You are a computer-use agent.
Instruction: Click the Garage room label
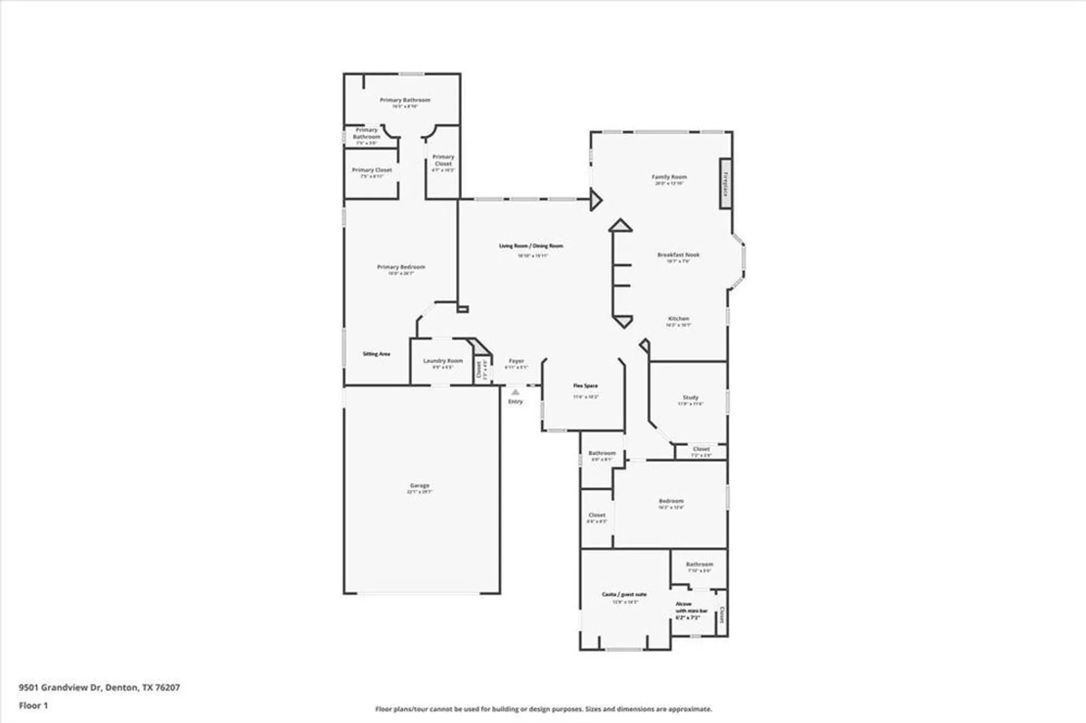[419, 486]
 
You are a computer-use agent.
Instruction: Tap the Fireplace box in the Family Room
[725, 183]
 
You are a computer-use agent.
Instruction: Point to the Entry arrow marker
[515, 392]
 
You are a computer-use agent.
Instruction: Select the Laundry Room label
[443, 361]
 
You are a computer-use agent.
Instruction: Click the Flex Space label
[585, 386]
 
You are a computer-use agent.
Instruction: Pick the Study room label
[690, 398]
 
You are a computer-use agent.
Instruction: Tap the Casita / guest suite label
[624, 594]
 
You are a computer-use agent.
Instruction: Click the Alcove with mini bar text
[691, 611]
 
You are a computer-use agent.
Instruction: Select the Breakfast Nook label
[678, 255]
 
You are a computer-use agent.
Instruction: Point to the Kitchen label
[678, 319]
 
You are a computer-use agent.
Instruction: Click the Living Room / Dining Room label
[531, 246]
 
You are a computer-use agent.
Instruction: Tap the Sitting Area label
[376, 354]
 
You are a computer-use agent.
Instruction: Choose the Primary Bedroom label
[401, 267]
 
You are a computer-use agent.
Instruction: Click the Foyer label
[516, 361]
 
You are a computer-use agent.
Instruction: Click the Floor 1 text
[33, 706]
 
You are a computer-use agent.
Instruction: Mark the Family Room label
[669, 177]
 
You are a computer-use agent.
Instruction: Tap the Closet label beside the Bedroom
[597, 515]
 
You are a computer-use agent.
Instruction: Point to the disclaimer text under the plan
[543, 709]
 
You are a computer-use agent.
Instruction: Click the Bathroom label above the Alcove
[699, 565]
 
